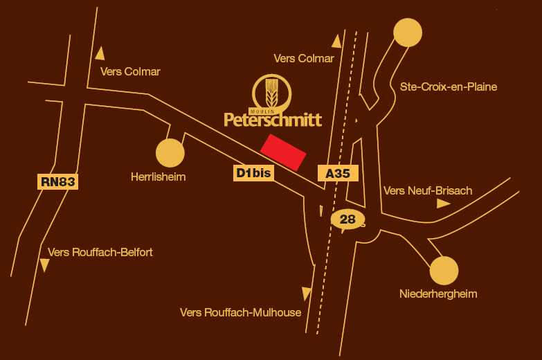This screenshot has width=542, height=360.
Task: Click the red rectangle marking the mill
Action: (283, 153)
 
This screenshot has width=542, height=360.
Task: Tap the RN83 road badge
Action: (57, 182)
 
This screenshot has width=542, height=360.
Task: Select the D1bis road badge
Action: (253, 173)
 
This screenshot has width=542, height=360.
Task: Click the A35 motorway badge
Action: (337, 173)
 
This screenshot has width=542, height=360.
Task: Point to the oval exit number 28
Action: (347, 219)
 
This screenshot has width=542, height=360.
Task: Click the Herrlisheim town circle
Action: (170, 153)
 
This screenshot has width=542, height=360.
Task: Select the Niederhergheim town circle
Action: (444, 271)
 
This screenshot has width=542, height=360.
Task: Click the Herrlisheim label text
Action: (159, 177)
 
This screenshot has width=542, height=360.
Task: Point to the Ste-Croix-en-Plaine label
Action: (449, 87)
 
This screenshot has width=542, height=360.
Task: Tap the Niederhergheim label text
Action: (438, 294)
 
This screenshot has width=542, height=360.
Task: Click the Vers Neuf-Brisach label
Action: (427, 190)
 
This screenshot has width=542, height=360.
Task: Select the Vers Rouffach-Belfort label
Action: (100, 253)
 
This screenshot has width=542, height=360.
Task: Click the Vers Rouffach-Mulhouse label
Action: (240, 312)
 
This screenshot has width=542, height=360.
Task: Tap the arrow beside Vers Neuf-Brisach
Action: (443, 204)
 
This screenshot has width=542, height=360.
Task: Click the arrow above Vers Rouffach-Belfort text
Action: (45, 265)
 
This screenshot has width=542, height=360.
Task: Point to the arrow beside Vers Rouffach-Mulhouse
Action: (307, 293)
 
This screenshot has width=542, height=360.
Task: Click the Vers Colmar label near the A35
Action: (304, 59)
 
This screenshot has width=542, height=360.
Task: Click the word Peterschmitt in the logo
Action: (273, 120)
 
